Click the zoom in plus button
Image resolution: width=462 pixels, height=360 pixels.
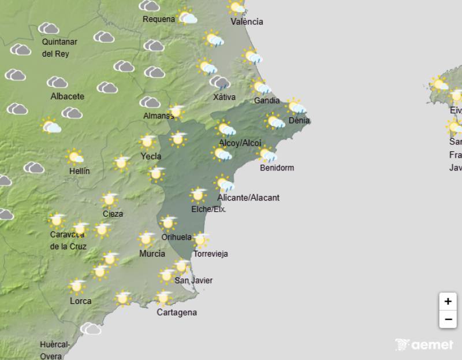coord(448,302)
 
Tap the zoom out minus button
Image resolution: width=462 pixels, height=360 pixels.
coord(448,319)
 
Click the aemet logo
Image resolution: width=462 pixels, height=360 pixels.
coord(424,345)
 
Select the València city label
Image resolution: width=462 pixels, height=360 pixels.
coord(247,22)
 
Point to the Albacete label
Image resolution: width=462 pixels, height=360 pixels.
coord(67,96)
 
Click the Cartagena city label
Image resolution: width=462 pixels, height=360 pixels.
coord(177,313)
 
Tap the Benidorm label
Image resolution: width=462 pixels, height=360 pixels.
coord(277,168)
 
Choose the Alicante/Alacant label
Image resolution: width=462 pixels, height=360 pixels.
coord(248,198)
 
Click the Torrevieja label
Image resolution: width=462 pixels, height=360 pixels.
coord(211,254)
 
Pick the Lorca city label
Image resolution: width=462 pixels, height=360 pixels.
coord(80,301)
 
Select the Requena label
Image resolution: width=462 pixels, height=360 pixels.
coord(159,19)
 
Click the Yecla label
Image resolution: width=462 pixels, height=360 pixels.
coord(151,156)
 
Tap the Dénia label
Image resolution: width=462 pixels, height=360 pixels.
coord(299,121)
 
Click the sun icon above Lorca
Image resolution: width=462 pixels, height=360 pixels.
coord(76,286)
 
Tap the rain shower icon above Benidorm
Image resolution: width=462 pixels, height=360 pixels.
coord(267,154)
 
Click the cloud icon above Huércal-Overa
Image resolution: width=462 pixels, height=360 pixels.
coord(90,329)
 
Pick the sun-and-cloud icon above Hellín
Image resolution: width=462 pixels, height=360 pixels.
coord(75,157)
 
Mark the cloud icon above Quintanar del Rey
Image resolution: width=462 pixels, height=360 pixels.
coord(49,28)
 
